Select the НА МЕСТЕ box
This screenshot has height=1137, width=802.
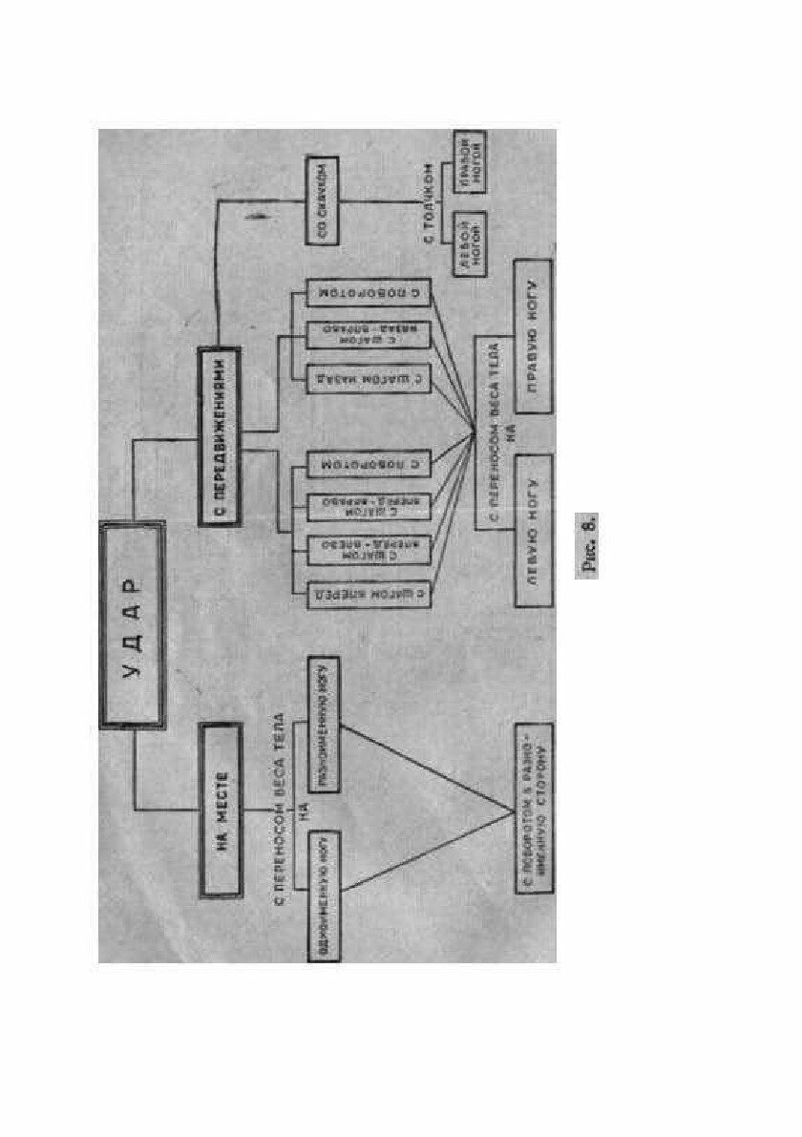[x=218, y=810]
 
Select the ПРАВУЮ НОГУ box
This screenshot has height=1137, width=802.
[x=533, y=335]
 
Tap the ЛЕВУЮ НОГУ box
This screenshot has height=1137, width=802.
[x=533, y=531]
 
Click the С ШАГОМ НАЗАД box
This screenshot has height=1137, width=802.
[x=368, y=379]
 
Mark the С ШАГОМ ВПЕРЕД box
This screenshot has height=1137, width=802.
[x=368, y=594]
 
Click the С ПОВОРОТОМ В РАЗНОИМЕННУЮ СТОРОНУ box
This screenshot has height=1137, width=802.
[x=533, y=810]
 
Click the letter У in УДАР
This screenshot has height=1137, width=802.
[x=133, y=669]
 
